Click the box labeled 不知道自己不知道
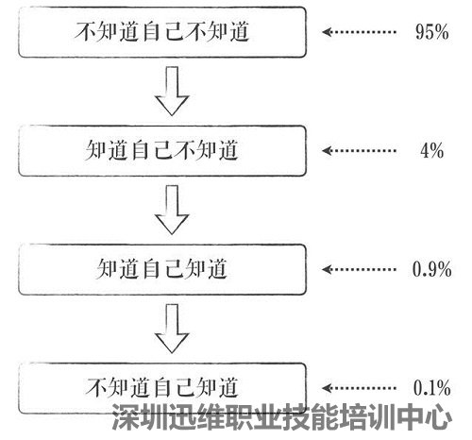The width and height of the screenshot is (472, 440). (x=162, y=32)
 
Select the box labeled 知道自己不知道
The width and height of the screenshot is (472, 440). (x=162, y=150)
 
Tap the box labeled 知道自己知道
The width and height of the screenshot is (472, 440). (x=162, y=269)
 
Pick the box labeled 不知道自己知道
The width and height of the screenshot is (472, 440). (x=162, y=388)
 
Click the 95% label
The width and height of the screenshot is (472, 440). (x=431, y=32)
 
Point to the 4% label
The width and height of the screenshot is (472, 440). (x=431, y=150)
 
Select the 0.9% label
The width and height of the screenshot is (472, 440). (x=431, y=269)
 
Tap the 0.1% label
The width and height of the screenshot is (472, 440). (x=431, y=388)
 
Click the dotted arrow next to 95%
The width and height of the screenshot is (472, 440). (x=359, y=32)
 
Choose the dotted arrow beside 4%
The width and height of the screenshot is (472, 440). (x=359, y=150)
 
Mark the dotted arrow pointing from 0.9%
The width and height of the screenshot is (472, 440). (x=359, y=269)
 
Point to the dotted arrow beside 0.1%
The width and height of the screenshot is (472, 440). (x=359, y=388)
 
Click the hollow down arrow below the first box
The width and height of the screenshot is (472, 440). (x=172, y=92)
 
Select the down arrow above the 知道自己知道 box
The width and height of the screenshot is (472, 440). (x=172, y=210)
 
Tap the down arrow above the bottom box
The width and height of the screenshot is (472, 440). (x=172, y=329)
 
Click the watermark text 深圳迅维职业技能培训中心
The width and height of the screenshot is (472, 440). (x=282, y=417)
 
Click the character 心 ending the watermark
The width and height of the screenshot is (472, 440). (x=438, y=417)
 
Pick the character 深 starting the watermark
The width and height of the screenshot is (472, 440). (x=126, y=417)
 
